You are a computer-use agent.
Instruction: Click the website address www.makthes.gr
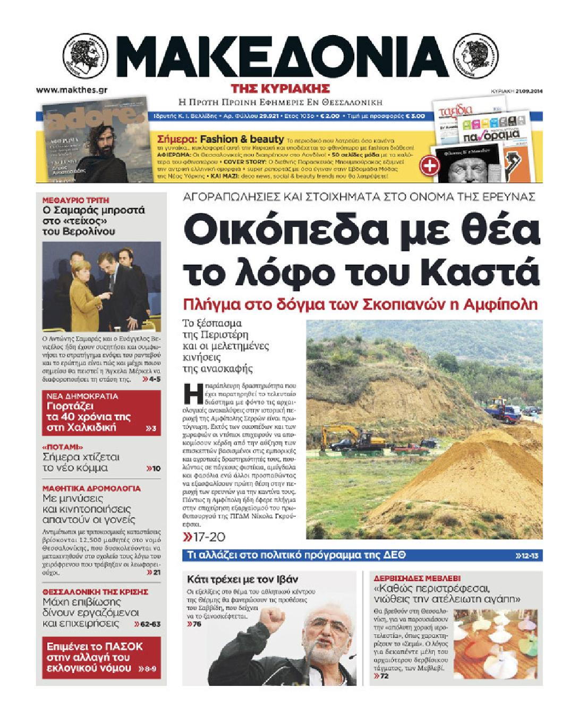[72, 90]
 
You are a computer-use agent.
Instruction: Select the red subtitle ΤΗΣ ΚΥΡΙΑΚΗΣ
[280, 88]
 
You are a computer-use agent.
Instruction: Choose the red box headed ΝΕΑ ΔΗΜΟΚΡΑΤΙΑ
[101, 413]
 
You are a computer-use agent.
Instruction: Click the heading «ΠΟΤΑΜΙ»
[63, 447]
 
